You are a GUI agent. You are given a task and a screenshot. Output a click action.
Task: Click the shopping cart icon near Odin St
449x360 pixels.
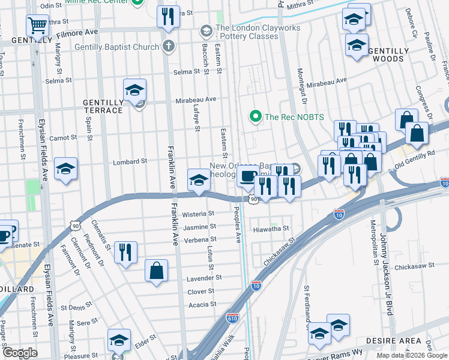click(x=37, y=26)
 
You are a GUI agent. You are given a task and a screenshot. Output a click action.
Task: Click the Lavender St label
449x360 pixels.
click(x=204, y=278)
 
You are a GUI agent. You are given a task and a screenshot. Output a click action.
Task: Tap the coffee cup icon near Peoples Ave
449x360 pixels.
click(x=247, y=176)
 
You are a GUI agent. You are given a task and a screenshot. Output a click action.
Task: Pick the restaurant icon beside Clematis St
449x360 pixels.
click(x=125, y=251)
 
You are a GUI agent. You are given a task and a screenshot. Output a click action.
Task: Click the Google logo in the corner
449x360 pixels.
click(x=20, y=353)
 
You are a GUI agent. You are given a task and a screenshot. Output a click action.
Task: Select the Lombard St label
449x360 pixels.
click(x=130, y=162)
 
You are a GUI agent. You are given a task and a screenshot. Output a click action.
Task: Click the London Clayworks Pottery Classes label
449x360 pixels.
click(x=247, y=32)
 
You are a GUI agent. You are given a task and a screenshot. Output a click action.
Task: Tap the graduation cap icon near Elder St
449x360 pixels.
click(x=119, y=340)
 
